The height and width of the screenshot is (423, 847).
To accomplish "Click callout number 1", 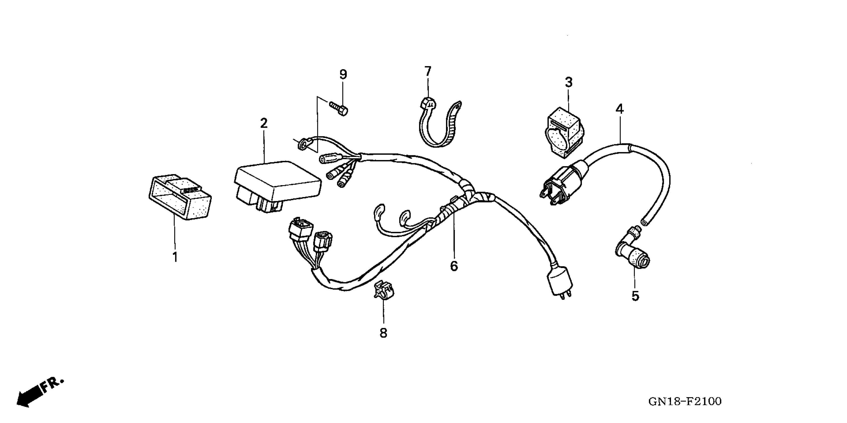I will (x=175, y=257).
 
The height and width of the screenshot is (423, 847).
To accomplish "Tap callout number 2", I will (x=264, y=124).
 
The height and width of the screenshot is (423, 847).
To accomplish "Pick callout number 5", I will (x=635, y=296).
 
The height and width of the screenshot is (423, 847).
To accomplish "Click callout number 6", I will (x=454, y=266).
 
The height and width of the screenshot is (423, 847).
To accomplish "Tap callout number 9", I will (x=343, y=75).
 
